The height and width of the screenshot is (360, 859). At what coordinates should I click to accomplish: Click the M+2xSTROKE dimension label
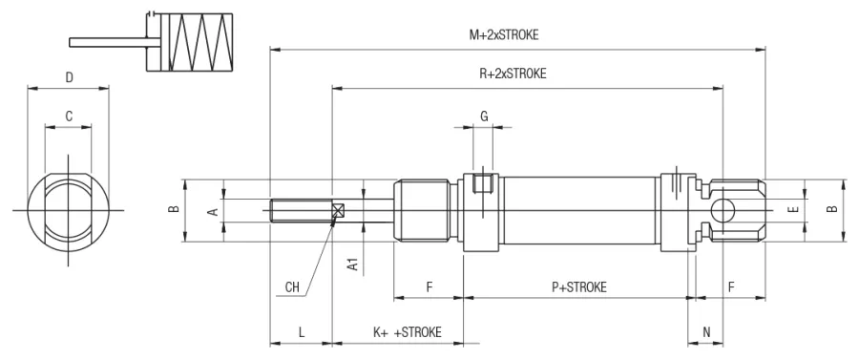[503, 35]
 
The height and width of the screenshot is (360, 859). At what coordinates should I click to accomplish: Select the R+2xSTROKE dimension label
[513, 74]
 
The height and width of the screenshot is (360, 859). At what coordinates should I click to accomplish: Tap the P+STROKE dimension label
[579, 286]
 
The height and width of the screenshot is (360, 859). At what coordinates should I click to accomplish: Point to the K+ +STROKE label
[407, 332]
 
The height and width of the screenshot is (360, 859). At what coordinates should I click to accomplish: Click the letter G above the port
[484, 116]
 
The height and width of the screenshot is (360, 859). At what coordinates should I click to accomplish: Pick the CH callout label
[293, 287]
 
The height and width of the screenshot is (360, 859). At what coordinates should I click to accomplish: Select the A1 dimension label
[353, 265]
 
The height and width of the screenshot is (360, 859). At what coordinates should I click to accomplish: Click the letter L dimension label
[302, 332]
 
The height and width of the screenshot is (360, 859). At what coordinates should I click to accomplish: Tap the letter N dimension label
[706, 331]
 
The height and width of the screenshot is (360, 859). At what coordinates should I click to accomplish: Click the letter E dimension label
[795, 209]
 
